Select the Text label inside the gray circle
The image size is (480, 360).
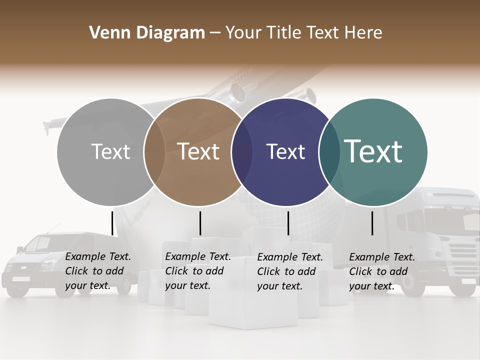tap(111, 152)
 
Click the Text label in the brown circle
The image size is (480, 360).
tap(198, 152)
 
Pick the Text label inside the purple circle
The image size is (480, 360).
tap(285, 152)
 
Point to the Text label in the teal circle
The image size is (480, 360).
tap(373, 151)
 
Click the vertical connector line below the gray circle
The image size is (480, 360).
tap(112, 223)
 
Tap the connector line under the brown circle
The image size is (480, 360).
tap(200, 223)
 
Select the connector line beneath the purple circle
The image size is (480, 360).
tap(288, 223)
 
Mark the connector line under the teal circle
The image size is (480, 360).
tap(372, 223)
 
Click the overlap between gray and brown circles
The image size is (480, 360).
tap(154, 152)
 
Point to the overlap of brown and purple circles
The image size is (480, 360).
tap(242, 152)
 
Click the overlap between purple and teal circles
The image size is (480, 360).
tap(329, 152)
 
